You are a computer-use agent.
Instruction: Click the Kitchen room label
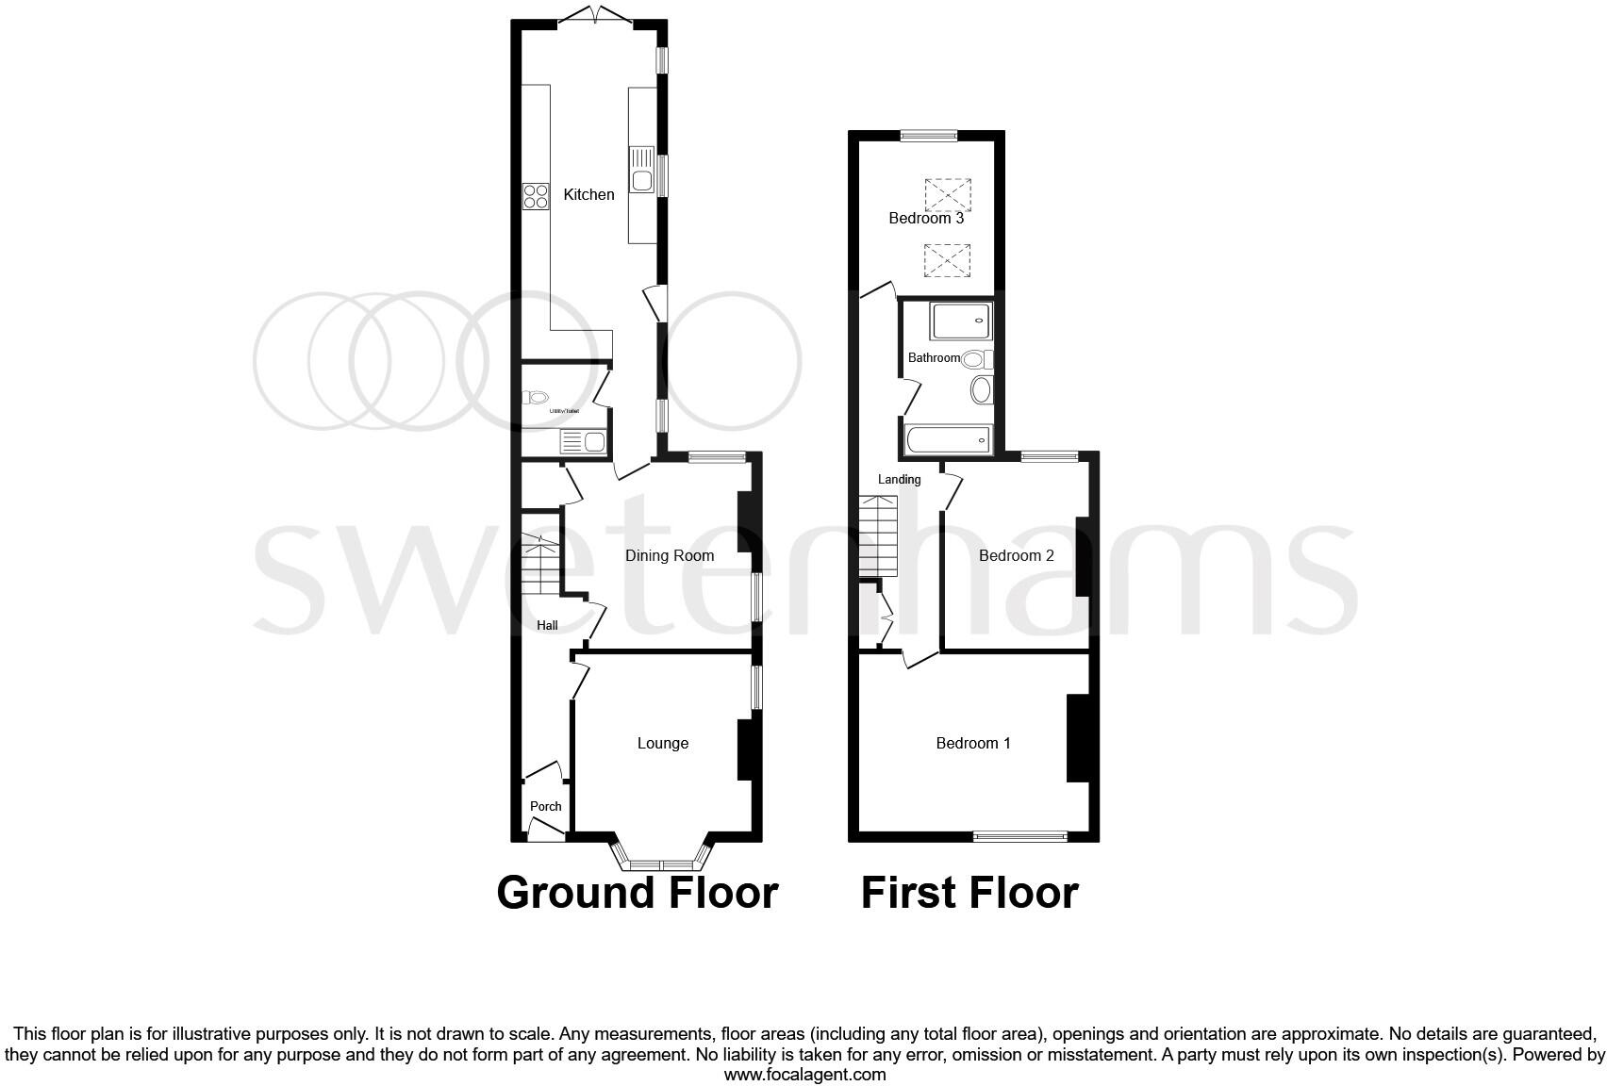pos(588,194)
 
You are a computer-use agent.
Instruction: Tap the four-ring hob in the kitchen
pos(536,196)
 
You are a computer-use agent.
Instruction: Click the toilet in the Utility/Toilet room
pos(538,398)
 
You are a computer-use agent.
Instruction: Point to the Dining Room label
pos(670,555)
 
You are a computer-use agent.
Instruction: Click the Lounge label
pos(663,743)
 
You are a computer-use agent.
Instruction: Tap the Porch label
pos(546,806)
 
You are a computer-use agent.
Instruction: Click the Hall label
pos(547,625)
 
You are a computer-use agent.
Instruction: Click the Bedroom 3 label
pos(926,218)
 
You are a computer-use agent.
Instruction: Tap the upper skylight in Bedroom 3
pos(948,195)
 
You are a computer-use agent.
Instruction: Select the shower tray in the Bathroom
pos(961,321)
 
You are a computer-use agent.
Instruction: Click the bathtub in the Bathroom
pos(948,440)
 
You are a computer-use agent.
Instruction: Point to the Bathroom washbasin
pos(981,389)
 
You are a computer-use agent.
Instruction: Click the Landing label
pos(899,479)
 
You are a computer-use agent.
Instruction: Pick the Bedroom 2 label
pos(1017,555)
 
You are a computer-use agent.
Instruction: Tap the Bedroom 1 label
pos(973,743)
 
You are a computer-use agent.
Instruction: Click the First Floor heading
pos(969,893)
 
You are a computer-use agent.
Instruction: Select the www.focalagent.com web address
pos(804,1074)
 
